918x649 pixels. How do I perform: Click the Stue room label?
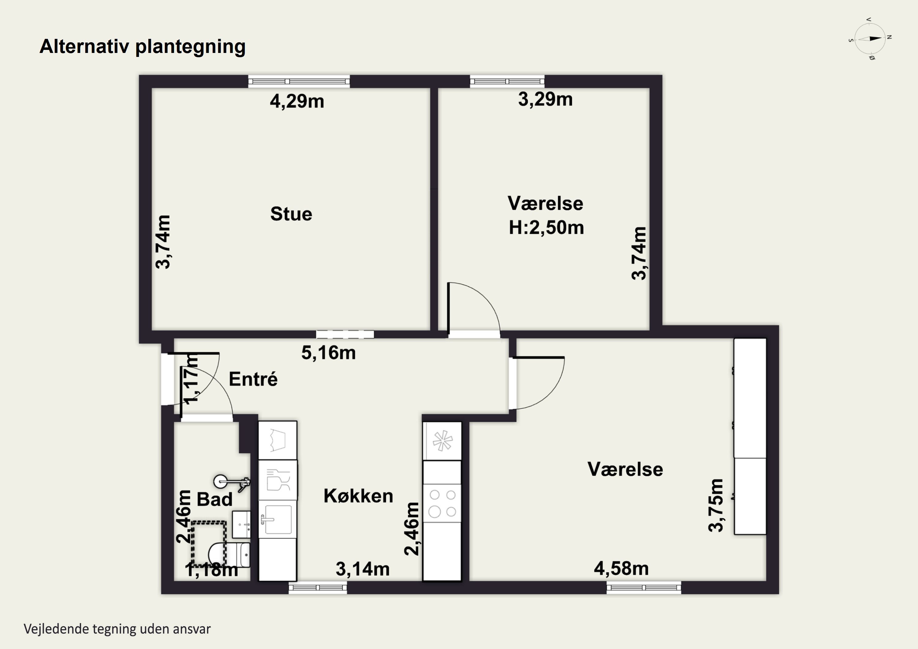click(291, 214)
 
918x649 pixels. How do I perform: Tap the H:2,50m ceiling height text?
click(546, 228)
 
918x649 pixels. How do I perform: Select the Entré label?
click(253, 379)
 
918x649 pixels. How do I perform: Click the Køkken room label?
click(358, 496)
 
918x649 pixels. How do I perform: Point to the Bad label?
click(215, 499)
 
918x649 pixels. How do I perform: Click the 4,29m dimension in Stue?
click(297, 101)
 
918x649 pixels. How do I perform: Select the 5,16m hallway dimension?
click(328, 353)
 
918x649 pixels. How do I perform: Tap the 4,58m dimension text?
click(621, 568)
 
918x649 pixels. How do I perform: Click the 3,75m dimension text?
click(716, 505)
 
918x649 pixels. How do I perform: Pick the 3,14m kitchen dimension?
click(363, 569)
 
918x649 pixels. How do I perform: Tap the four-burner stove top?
click(442, 503)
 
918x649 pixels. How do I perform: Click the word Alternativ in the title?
click(84, 47)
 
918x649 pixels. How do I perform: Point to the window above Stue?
click(299, 81)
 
